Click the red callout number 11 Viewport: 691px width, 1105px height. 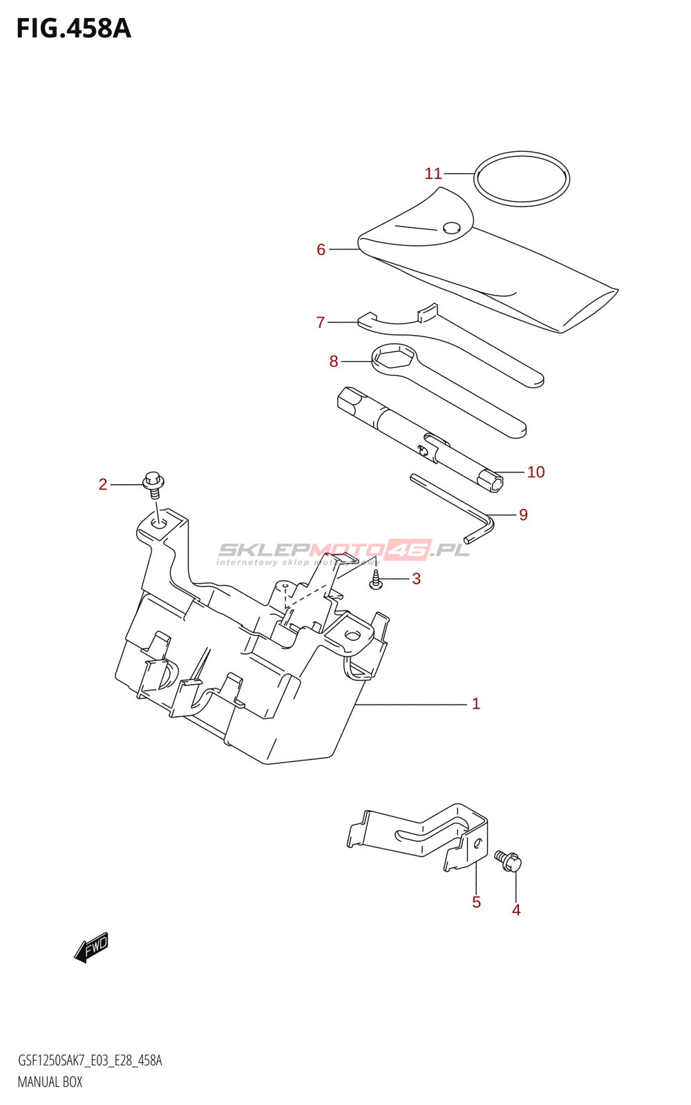(x=433, y=173)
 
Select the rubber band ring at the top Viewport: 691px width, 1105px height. (x=522, y=154)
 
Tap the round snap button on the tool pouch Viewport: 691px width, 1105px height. (x=451, y=227)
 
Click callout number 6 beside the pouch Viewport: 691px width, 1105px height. (x=321, y=249)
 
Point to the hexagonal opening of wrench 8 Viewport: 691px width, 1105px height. (x=393, y=356)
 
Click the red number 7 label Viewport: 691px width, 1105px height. (x=321, y=323)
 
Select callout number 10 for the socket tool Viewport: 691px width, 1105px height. (x=536, y=472)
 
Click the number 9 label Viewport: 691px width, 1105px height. (x=523, y=515)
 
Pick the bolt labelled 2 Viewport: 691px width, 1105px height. (x=153, y=482)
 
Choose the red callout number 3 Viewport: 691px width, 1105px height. (x=416, y=579)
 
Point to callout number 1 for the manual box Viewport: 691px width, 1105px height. (x=475, y=704)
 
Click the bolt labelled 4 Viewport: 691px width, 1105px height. (x=509, y=861)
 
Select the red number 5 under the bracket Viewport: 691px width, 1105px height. (x=476, y=902)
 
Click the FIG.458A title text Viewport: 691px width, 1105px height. (x=73, y=29)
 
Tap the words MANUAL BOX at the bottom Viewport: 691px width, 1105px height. (x=50, y=1082)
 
